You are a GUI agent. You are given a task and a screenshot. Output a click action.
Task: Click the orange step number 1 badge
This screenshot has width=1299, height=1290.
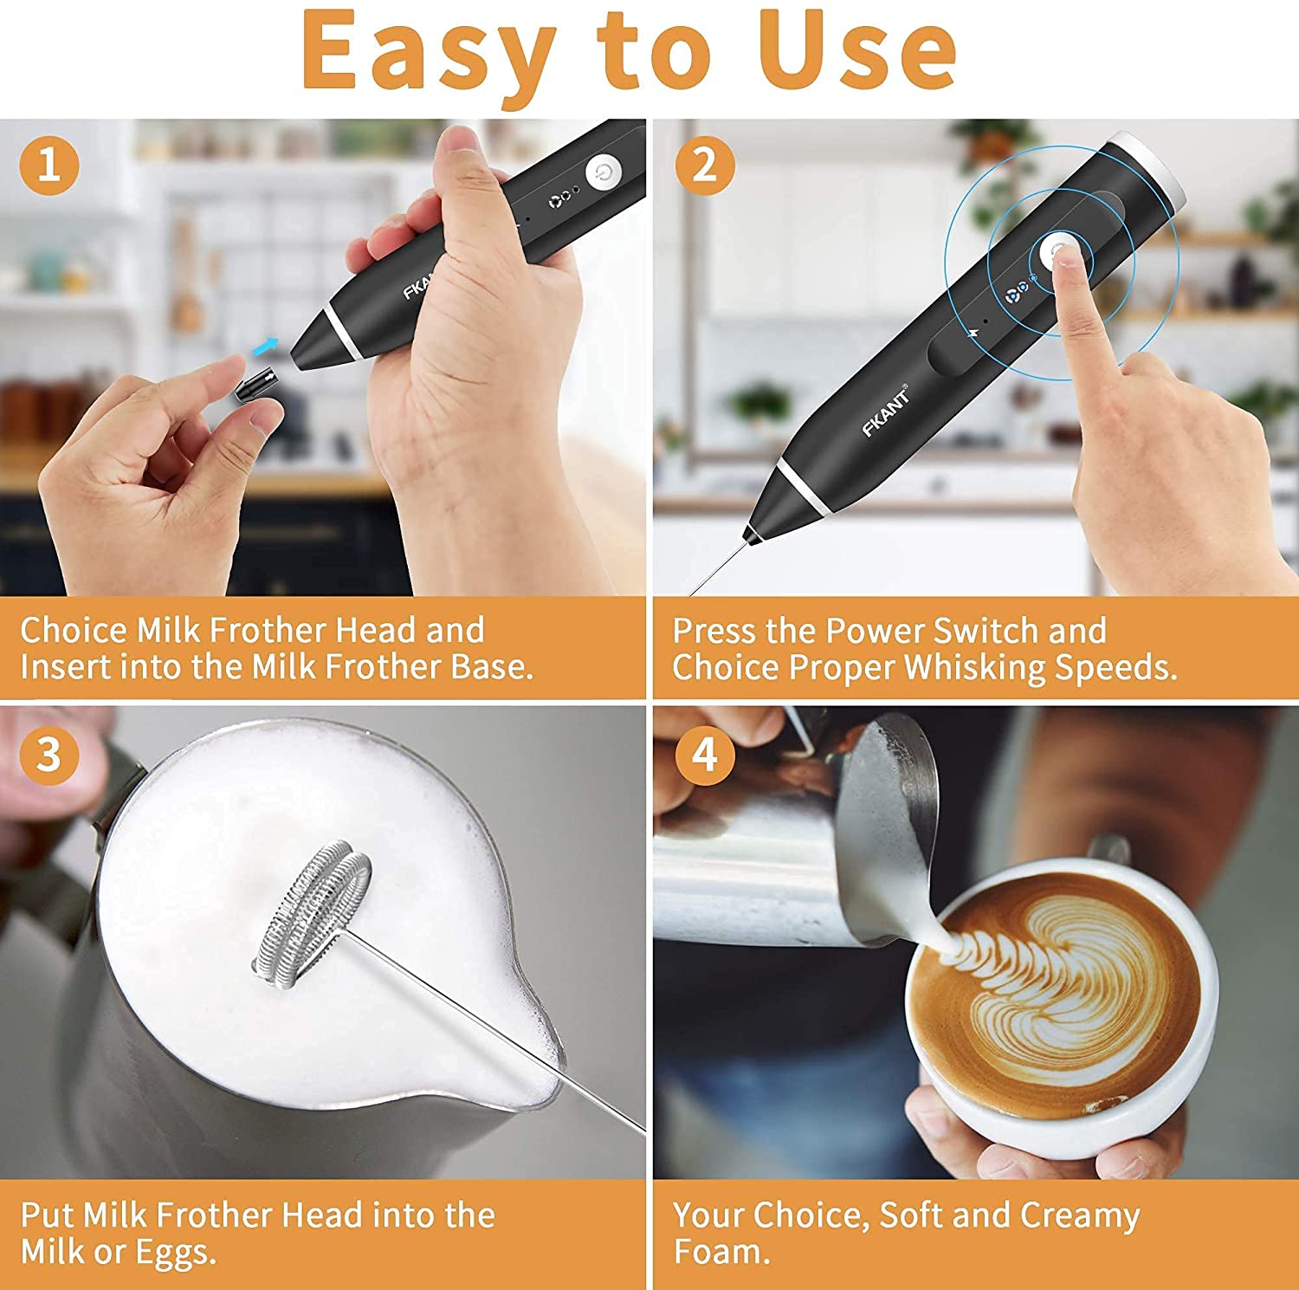point(49,164)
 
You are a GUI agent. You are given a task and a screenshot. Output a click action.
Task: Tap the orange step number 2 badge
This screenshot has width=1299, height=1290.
point(704,164)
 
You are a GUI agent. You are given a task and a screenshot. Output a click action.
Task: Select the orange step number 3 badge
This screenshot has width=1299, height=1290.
point(49,754)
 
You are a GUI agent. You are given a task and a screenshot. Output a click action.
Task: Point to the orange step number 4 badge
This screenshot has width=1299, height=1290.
point(704,754)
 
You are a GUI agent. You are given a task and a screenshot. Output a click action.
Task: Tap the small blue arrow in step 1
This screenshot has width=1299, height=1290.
point(265,347)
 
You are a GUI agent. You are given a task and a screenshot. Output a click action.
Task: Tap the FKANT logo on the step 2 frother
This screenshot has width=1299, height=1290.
point(886,412)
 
